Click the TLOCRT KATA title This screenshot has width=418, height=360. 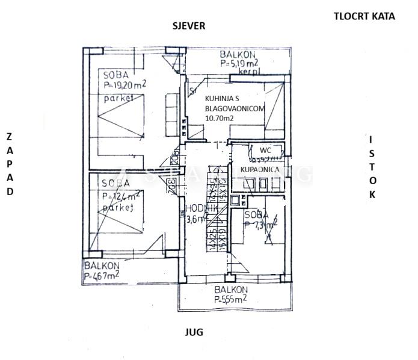pyautogui.click(x=364, y=16)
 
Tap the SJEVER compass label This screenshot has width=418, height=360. pyautogui.click(x=189, y=26)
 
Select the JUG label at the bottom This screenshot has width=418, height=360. pyautogui.click(x=194, y=332)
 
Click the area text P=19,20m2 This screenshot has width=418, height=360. pyautogui.click(x=125, y=85)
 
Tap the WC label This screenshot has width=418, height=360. pyautogui.click(x=265, y=150)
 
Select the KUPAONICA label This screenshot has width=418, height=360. pyautogui.click(x=259, y=171)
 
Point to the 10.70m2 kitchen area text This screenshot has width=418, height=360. pyautogui.click(x=220, y=119)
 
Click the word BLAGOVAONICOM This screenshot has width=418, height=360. pyautogui.click(x=235, y=108)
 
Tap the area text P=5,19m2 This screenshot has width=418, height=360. pyautogui.click(x=239, y=62)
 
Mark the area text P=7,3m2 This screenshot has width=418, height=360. pyautogui.click(x=261, y=226)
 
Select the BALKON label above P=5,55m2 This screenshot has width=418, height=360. pyautogui.click(x=231, y=290)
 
